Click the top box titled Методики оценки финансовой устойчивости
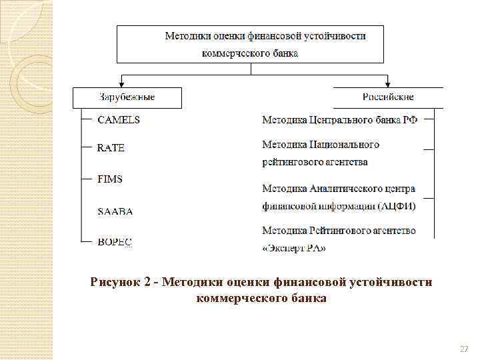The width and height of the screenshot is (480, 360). click(251, 44)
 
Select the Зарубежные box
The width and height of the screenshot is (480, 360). click(127, 97)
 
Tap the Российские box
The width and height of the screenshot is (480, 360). click(388, 97)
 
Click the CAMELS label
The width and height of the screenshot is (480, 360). click(119, 121)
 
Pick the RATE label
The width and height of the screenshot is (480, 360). click(111, 148)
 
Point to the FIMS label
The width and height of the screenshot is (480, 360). click(110, 179)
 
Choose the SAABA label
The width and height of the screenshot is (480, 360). click(115, 211)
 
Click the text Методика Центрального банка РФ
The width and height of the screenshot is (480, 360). click(339, 121)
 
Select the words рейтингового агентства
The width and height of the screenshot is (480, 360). click(315, 162)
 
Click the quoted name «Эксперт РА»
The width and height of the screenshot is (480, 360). click(294, 249)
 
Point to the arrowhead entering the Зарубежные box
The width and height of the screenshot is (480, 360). click(121, 84)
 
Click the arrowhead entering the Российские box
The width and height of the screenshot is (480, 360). click(388, 84)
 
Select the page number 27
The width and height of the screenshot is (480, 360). click(465, 349)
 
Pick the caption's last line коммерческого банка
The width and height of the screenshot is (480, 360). click(261, 298)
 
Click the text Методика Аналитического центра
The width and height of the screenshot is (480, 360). click(339, 189)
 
